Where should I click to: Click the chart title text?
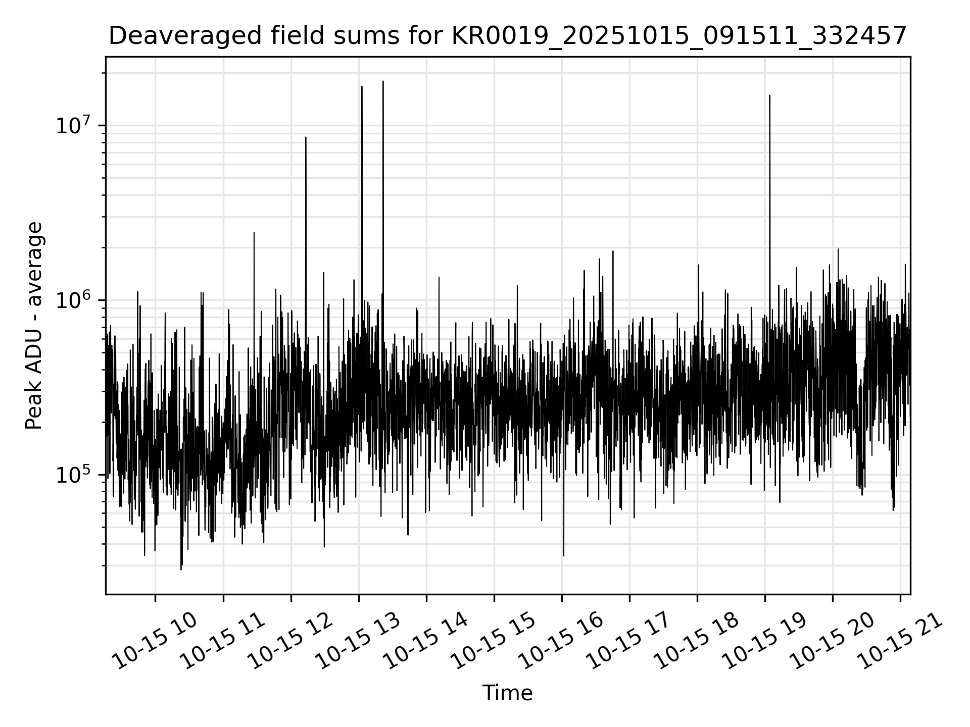[508, 36]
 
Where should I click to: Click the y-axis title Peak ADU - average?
[34, 326]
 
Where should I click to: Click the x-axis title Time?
[507, 693]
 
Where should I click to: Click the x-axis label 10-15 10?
[154, 641]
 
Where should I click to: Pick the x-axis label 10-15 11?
[222, 641]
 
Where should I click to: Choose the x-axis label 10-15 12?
[290, 641]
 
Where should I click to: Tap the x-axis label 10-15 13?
[358, 641]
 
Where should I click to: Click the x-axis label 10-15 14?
[426, 641]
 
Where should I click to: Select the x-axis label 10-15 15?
[494, 641]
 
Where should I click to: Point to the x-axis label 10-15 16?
[561, 641]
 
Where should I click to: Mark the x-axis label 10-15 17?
[629, 641]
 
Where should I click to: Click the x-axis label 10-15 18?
[697, 641]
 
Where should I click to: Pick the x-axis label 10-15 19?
[764, 641]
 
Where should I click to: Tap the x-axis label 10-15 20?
[832, 641]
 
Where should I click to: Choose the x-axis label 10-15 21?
[900, 641]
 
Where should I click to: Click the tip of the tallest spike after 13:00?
[383, 81]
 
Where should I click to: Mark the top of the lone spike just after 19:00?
[769, 95]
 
